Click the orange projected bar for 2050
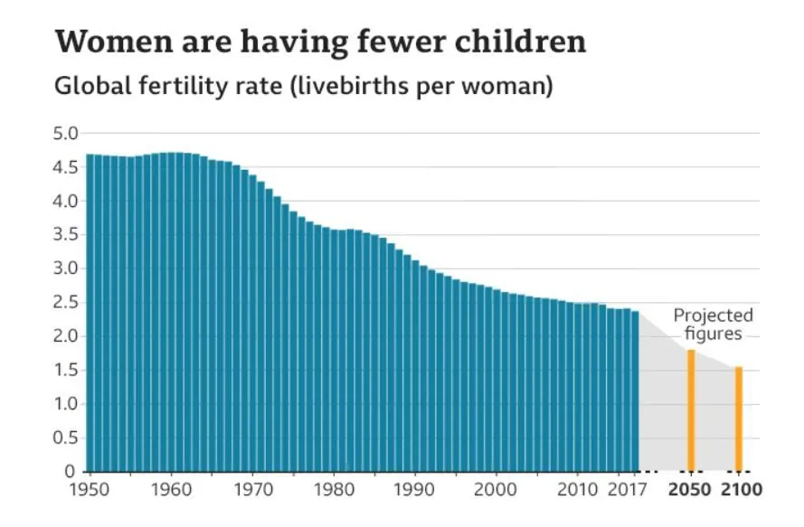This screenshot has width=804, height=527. pyautogui.click(x=691, y=410)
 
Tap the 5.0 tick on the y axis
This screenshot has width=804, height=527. pyautogui.click(x=65, y=134)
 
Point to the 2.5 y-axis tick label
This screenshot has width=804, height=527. pyautogui.click(x=65, y=302)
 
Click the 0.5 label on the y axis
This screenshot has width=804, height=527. pyautogui.click(x=65, y=438)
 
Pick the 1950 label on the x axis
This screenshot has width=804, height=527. pyautogui.click(x=89, y=490)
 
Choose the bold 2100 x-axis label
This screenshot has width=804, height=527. pyautogui.click(x=740, y=490)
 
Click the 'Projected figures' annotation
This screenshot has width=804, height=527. pyautogui.click(x=713, y=325)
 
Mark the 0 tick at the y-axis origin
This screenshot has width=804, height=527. pyautogui.click(x=70, y=471)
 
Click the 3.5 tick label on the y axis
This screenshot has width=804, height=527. pyautogui.click(x=65, y=235)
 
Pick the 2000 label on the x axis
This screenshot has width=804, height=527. pyautogui.click(x=496, y=490)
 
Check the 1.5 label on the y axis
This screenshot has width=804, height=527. pyautogui.click(x=65, y=370)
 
